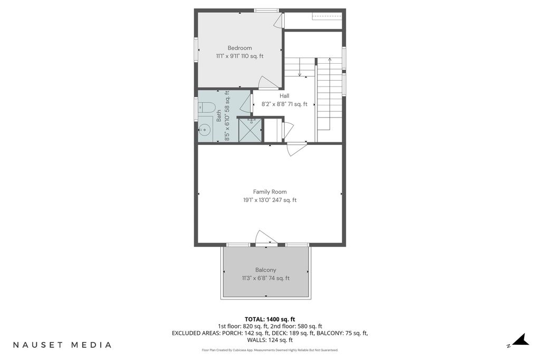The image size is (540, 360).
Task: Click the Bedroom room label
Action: point(240,48)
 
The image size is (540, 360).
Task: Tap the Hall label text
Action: point(284,96)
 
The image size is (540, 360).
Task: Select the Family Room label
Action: point(270,192)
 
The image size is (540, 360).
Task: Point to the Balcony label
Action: point(266,270)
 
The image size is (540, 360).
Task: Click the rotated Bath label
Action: point(219,115)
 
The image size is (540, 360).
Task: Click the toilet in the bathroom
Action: point(207,108)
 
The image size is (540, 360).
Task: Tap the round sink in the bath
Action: point(205,130)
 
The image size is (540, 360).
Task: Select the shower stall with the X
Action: point(250,130)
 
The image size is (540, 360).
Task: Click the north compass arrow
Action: point(520,339)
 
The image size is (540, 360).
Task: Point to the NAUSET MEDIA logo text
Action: point(62,345)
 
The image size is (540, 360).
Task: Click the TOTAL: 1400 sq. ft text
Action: point(270,319)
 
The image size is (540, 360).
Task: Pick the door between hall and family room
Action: point(295,149)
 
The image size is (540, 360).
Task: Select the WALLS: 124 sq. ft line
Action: point(270,340)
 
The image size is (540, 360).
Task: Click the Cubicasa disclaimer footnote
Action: point(270,351)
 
